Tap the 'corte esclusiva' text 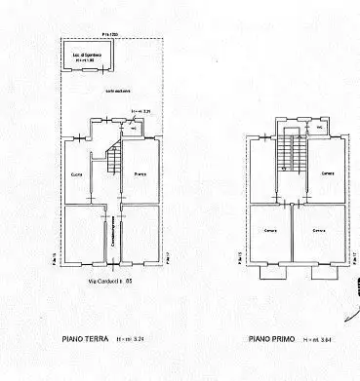(118, 89)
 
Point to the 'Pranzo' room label (139, 172)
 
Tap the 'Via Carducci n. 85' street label (110, 282)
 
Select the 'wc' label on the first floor (318, 128)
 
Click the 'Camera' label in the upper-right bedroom (326, 172)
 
